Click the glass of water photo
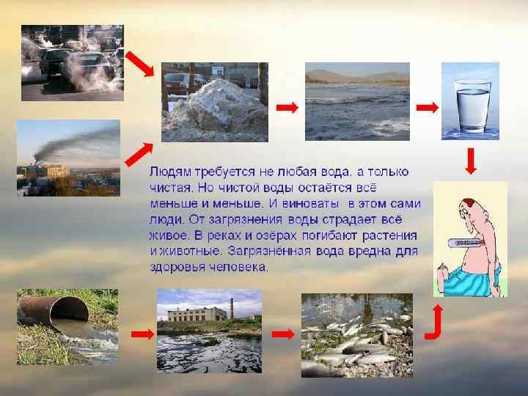coord(470,100)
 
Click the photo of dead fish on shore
coord(356,334)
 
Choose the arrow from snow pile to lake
coord(287,107)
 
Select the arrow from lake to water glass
coord(427,107)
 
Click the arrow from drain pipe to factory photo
coord(141,334)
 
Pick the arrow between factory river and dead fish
coord(282,334)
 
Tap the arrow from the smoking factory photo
coord(138,153)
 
